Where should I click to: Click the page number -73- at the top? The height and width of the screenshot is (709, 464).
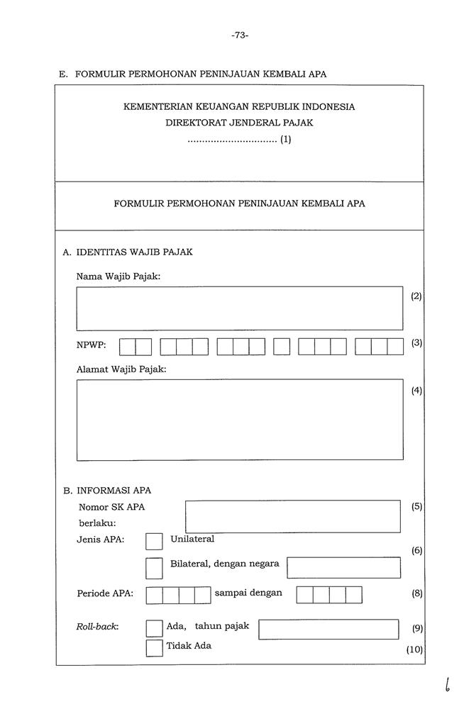(x=240, y=35)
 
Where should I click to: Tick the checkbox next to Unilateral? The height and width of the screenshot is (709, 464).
(x=154, y=542)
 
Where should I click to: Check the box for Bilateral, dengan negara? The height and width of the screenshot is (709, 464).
(x=154, y=567)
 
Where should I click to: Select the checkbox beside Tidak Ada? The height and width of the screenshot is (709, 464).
(x=154, y=648)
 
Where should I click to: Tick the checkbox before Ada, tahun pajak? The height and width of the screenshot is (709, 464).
(x=154, y=628)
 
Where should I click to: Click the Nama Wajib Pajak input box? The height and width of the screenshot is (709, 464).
(x=239, y=308)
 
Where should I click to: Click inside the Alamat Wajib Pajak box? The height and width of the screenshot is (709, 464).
(x=239, y=419)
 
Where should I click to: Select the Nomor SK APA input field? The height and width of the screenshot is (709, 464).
(x=292, y=516)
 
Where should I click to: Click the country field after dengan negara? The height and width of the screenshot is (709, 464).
(x=343, y=567)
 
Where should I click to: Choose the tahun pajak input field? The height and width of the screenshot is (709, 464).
(x=328, y=629)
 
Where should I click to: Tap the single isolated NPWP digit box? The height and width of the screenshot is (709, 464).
(x=282, y=347)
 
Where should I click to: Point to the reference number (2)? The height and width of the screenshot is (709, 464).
(x=416, y=296)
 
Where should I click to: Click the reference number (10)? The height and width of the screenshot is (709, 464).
(x=415, y=649)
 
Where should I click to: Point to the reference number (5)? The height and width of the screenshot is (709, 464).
(x=416, y=506)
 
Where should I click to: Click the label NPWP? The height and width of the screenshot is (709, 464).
(x=92, y=345)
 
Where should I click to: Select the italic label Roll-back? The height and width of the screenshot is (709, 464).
(x=97, y=627)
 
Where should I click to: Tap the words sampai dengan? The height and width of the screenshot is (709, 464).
(x=248, y=593)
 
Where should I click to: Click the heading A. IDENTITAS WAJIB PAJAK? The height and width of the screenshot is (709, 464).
(x=128, y=252)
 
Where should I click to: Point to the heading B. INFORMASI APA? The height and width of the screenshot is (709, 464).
(x=107, y=490)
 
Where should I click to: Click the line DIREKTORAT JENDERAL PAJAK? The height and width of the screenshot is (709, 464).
(x=239, y=123)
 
